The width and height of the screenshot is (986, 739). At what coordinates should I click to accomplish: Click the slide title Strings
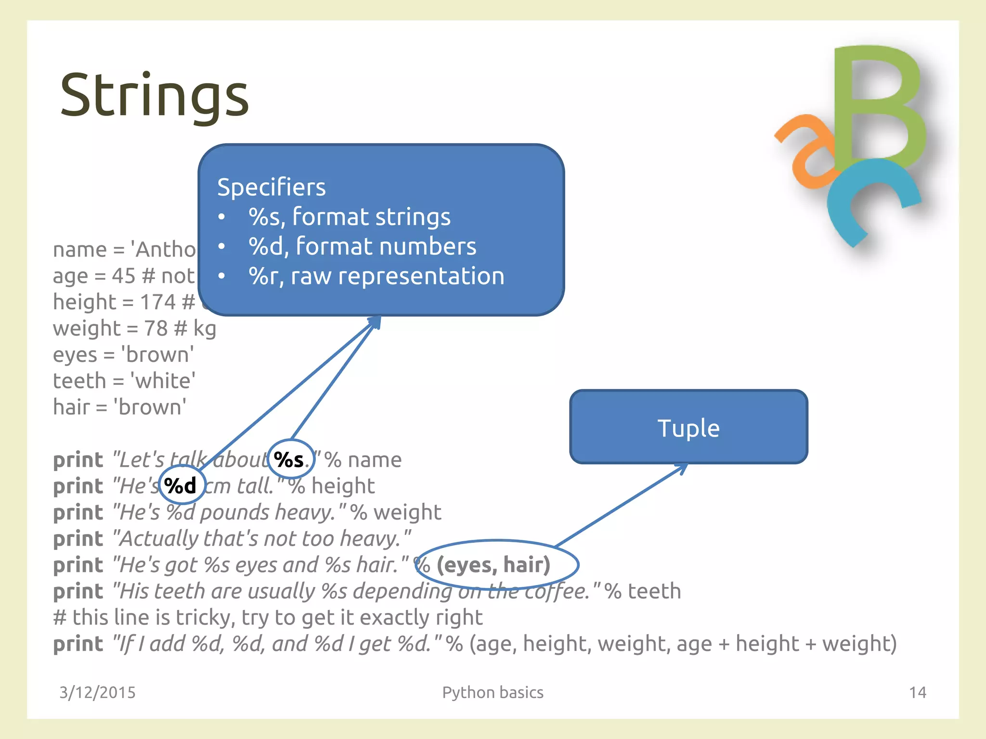point(154,95)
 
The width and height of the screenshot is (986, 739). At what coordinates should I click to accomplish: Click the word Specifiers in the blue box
point(271,187)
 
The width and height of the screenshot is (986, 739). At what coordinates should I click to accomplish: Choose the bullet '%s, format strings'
point(350,217)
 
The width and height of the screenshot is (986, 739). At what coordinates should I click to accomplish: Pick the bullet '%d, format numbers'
point(362,246)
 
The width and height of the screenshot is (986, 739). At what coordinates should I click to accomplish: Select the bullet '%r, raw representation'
point(376,276)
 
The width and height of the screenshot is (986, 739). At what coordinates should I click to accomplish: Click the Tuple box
point(688,427)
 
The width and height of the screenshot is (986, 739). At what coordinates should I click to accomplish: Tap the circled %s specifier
point(290,460)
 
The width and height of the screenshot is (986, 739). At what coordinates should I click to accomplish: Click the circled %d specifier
point(181,485)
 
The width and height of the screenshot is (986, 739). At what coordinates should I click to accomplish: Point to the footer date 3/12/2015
point(97,692)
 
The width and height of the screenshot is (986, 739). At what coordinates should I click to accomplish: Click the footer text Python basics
point(493,692)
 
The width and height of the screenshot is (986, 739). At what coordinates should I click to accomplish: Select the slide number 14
point(917,692)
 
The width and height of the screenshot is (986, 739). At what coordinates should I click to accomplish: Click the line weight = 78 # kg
point(134,329)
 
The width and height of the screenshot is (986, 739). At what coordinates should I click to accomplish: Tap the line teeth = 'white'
point(124,381)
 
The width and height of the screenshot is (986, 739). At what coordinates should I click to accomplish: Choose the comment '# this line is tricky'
point(268,617)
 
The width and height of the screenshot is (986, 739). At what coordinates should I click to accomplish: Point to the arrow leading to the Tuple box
point(621,505)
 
